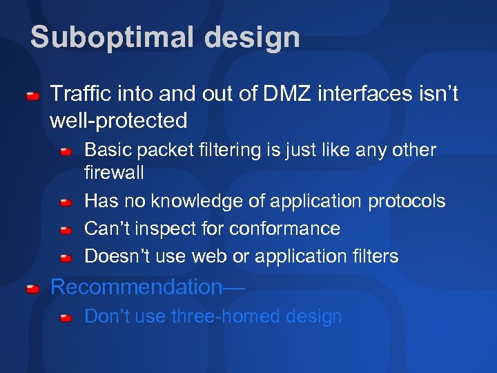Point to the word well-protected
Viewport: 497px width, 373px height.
tap(119, 121)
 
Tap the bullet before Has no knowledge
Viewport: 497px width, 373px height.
tap(66, 202)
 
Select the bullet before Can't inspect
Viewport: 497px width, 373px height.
tap(66, 230)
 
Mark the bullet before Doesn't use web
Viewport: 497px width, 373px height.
tap(66, 258)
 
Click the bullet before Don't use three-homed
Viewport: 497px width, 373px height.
tap(66, 318)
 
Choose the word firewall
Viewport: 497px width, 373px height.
tap(114, 171)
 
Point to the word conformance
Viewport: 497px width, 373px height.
tap(284, 229)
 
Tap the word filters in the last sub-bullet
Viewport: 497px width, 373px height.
tap(376, 256)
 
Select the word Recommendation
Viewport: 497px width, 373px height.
tap(135, 287)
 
